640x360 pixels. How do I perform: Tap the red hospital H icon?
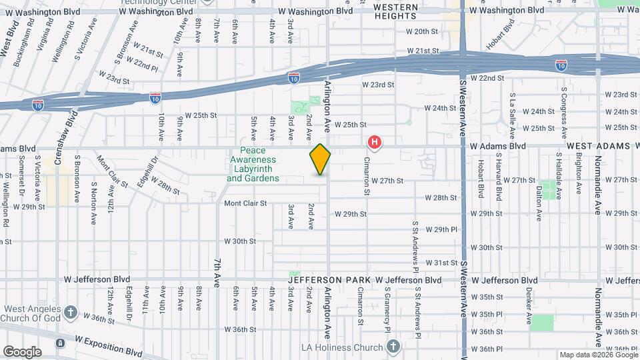[375, 142]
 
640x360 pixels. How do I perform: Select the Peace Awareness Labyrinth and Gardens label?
[253, 165]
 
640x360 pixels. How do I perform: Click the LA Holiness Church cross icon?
[393, 347]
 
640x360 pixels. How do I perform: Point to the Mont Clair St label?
[245, 203]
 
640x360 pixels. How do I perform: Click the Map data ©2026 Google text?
[598, 355]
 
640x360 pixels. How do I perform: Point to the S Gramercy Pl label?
[387, 311]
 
